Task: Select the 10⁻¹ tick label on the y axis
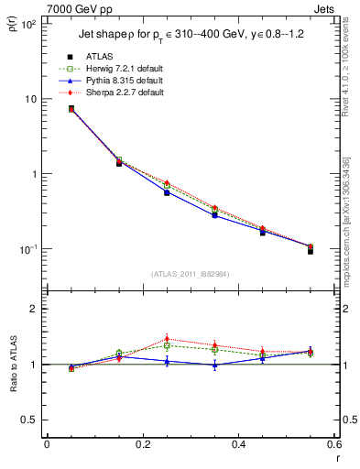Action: pyautogui.click(x=28, y=249)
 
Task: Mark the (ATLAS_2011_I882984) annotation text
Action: pyautogui.click(x=191, y=274)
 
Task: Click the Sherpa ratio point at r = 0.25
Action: pyautogui.click(x=167, y=339)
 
